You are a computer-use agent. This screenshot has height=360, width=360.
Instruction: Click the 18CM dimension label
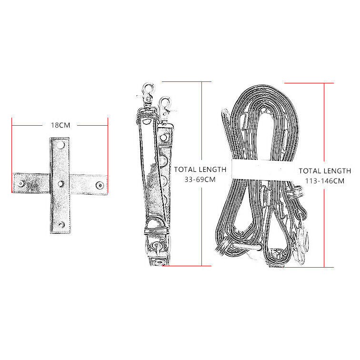60,125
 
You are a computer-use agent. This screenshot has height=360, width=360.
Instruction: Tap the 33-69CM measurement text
200,180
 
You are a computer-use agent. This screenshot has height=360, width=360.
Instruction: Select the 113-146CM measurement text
325,181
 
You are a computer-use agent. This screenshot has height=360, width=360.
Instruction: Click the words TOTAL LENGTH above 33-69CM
200,170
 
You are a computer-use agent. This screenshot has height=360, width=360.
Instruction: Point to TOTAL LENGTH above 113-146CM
325,171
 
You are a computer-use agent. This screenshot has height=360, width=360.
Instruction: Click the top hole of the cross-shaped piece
60,145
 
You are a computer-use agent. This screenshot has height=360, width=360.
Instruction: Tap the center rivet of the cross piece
60,183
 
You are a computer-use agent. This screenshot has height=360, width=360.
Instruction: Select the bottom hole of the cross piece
61,224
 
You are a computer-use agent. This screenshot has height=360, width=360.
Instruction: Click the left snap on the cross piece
21,183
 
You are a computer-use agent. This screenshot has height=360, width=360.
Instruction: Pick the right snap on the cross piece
100,185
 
